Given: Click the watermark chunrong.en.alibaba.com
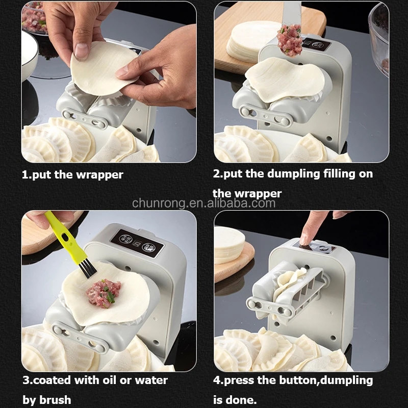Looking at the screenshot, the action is [203, 203].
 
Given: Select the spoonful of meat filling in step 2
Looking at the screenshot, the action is [289, 40].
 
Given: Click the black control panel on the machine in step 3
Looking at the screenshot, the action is [137, 243].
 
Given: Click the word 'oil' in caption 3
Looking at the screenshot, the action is [110, 380].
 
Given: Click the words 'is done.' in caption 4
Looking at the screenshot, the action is [235, 400].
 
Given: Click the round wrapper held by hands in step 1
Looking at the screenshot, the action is [103, 69].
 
